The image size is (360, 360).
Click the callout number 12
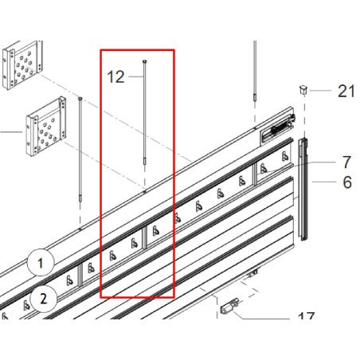[116, 77]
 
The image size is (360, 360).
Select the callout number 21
[346, 91]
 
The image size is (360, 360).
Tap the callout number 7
[346, 162]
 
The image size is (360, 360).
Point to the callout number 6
[346, 182]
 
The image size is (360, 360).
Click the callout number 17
[306, 319]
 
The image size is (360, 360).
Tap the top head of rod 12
[144, 62]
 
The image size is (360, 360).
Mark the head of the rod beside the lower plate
[81, 98]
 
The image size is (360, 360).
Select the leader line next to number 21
[323, 91]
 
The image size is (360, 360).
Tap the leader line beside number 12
[135, 76]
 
